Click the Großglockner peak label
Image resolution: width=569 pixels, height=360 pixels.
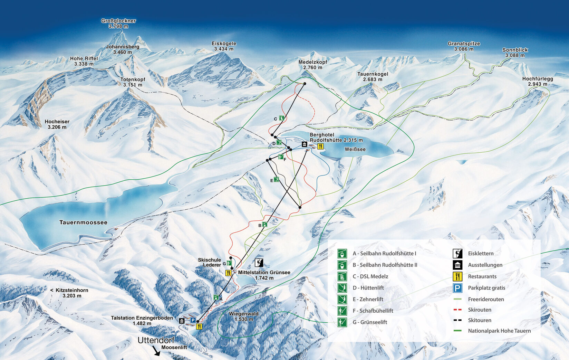pyautogui.click(x=118, y=23)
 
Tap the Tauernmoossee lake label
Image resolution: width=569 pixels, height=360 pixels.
pyautogui.click(x=83, y=222)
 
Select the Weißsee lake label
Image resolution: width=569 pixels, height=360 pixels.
pyautogui.click(x=355, y=149)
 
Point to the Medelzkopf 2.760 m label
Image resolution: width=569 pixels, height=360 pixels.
pyautogui.click(x=312, y=65)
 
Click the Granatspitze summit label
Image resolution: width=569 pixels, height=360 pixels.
pyautogui.click(x=464, y=46)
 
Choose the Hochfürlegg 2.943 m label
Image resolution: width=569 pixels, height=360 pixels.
pyautogui.click(x=537, y=81)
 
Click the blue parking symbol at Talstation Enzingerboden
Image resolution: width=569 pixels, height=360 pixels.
pyautogui.click(x=193, y=321)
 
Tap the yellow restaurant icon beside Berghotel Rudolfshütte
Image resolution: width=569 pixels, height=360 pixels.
pyautogui.click(x=320, y=146)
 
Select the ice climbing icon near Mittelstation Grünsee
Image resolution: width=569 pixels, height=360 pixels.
pyautogui.click(x=259, y=263)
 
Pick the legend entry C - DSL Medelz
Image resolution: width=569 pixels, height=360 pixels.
pyautogui.click(x=370, y=276)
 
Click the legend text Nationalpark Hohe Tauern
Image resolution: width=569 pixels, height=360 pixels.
pyautogui.click(x=499, y=331)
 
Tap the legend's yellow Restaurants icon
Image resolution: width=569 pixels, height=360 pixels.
pyautogui.click(x=457, y=276)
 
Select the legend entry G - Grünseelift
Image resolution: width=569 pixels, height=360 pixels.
pyautogui.click(x=369, y=322)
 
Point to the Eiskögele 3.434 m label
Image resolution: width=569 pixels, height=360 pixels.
pyautogui.click(x=224, y=46)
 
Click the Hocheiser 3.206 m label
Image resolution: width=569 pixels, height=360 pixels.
pyautogui.click(x=57, y=124)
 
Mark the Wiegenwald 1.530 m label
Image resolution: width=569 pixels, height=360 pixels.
pyautogui.click(x=243, y=316)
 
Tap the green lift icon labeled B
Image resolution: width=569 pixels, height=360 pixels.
pyautogui.click(x=264, y=225)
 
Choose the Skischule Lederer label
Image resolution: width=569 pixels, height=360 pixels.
pyautogui.click(x=209, y=262)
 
